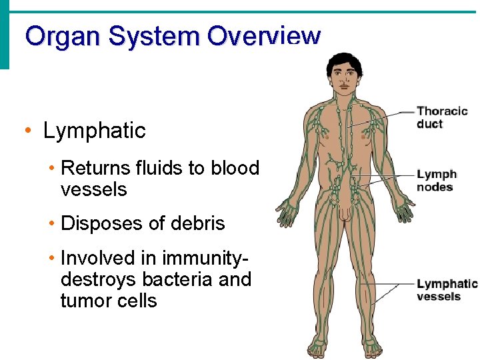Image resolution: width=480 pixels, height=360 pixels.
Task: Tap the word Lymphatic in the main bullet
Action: [x=94, y=131]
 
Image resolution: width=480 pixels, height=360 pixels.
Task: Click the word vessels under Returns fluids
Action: [x=93, y=189]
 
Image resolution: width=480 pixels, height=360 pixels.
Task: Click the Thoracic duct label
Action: [x=442, y=117]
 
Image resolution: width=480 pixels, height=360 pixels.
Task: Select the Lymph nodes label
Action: [x=437, y=181]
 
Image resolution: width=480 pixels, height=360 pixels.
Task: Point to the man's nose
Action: [x=345, y=81]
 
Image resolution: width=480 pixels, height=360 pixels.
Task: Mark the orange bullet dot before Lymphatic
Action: [x=26, y=131]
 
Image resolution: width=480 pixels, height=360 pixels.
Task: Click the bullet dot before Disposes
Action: [x=51, y=223]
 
